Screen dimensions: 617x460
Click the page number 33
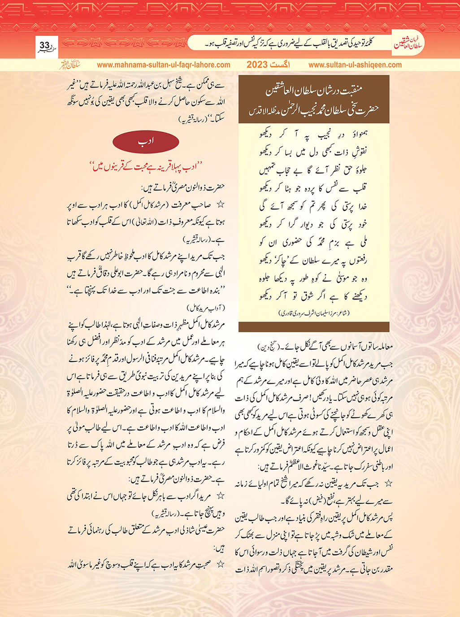coord(44,45)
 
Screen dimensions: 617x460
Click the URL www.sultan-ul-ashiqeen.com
coord(355,65)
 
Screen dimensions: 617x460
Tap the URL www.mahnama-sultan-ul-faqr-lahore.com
coord(164,65)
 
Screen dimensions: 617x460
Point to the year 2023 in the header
coord(257,65)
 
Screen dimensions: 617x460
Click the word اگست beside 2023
coord(280,65)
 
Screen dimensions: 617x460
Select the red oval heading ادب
coord(146,142)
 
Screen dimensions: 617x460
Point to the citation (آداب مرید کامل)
coord(205,308)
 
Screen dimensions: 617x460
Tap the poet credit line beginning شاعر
coord(313,312)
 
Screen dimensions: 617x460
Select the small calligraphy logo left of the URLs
coord(70,64)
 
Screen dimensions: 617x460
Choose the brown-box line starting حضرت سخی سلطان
coord(314,110)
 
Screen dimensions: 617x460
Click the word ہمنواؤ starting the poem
coord(356,134)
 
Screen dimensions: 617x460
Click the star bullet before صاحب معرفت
coord(220,204)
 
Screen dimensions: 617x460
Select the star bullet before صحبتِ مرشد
coord(220,564)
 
